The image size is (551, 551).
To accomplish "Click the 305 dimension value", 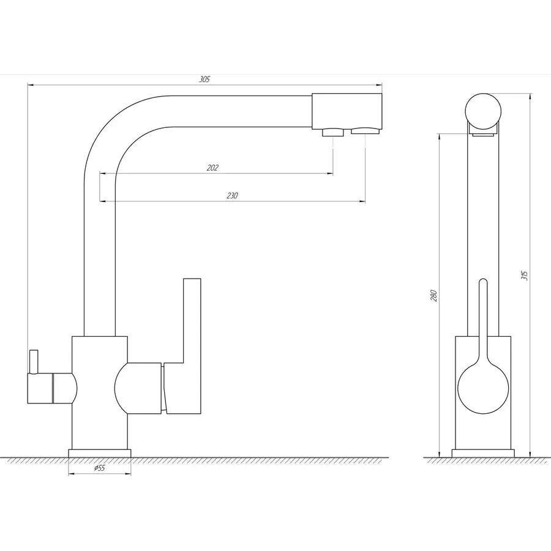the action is (x=204, y=80).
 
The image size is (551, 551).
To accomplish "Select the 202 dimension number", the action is (x=212, y=168).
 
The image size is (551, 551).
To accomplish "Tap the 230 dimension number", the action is (x=232, y=196).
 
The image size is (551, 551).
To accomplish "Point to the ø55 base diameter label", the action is (x=99, y=468).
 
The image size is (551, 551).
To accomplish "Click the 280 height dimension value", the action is (x=433, y=296).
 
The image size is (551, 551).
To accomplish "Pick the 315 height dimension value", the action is (x=524, y=275).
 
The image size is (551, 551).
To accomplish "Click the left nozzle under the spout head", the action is (x=333, y=132).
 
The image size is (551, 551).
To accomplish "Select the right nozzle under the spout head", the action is (x=365, y=131).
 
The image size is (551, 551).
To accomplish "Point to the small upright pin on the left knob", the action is (x=34, y=362).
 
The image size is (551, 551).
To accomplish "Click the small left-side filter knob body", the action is (x=52, y=388).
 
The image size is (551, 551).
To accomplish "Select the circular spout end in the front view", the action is (x=483, y=111).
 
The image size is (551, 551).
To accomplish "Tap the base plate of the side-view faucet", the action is (x=483, y=453).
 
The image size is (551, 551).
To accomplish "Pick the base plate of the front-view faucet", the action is (x=100, y=453).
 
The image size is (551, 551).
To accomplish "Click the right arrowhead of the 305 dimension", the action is (x=379, y=85).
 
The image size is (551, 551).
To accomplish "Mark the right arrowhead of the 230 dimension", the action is (x=362, y=201).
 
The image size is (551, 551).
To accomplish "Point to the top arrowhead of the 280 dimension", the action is (x=439, y=137).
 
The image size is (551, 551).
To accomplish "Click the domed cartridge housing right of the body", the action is (x=138, y=388).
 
